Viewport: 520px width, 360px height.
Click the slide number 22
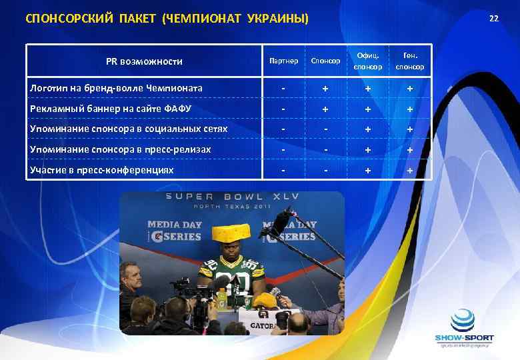click(x=493, y=18)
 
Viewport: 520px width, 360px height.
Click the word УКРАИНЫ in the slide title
click(x=277, y=18)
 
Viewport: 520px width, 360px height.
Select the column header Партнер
click(x=283, y=61)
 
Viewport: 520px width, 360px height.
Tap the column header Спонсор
click(x=325, y=61)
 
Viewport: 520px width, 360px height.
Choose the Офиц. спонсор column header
click(x=368, y=61)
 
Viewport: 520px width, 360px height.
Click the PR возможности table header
click(x=144, y=61)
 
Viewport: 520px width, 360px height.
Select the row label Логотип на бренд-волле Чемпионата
click(x=117, y=88)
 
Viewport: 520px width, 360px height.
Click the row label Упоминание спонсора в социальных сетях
click(x=129, y=129)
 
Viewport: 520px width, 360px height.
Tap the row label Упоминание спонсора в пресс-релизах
click(x=120, y=149)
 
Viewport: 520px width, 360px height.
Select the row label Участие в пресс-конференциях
click(x=101, y=170)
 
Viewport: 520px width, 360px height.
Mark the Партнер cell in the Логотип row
click(x=283, y=89)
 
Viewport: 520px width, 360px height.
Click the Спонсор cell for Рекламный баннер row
click(x=325, y=109)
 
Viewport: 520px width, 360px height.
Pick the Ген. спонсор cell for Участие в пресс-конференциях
click(x=410, y=171)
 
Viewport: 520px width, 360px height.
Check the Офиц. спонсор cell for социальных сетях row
click(x=368, y=129)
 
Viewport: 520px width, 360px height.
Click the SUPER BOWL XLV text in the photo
click(x=231, y=197)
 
